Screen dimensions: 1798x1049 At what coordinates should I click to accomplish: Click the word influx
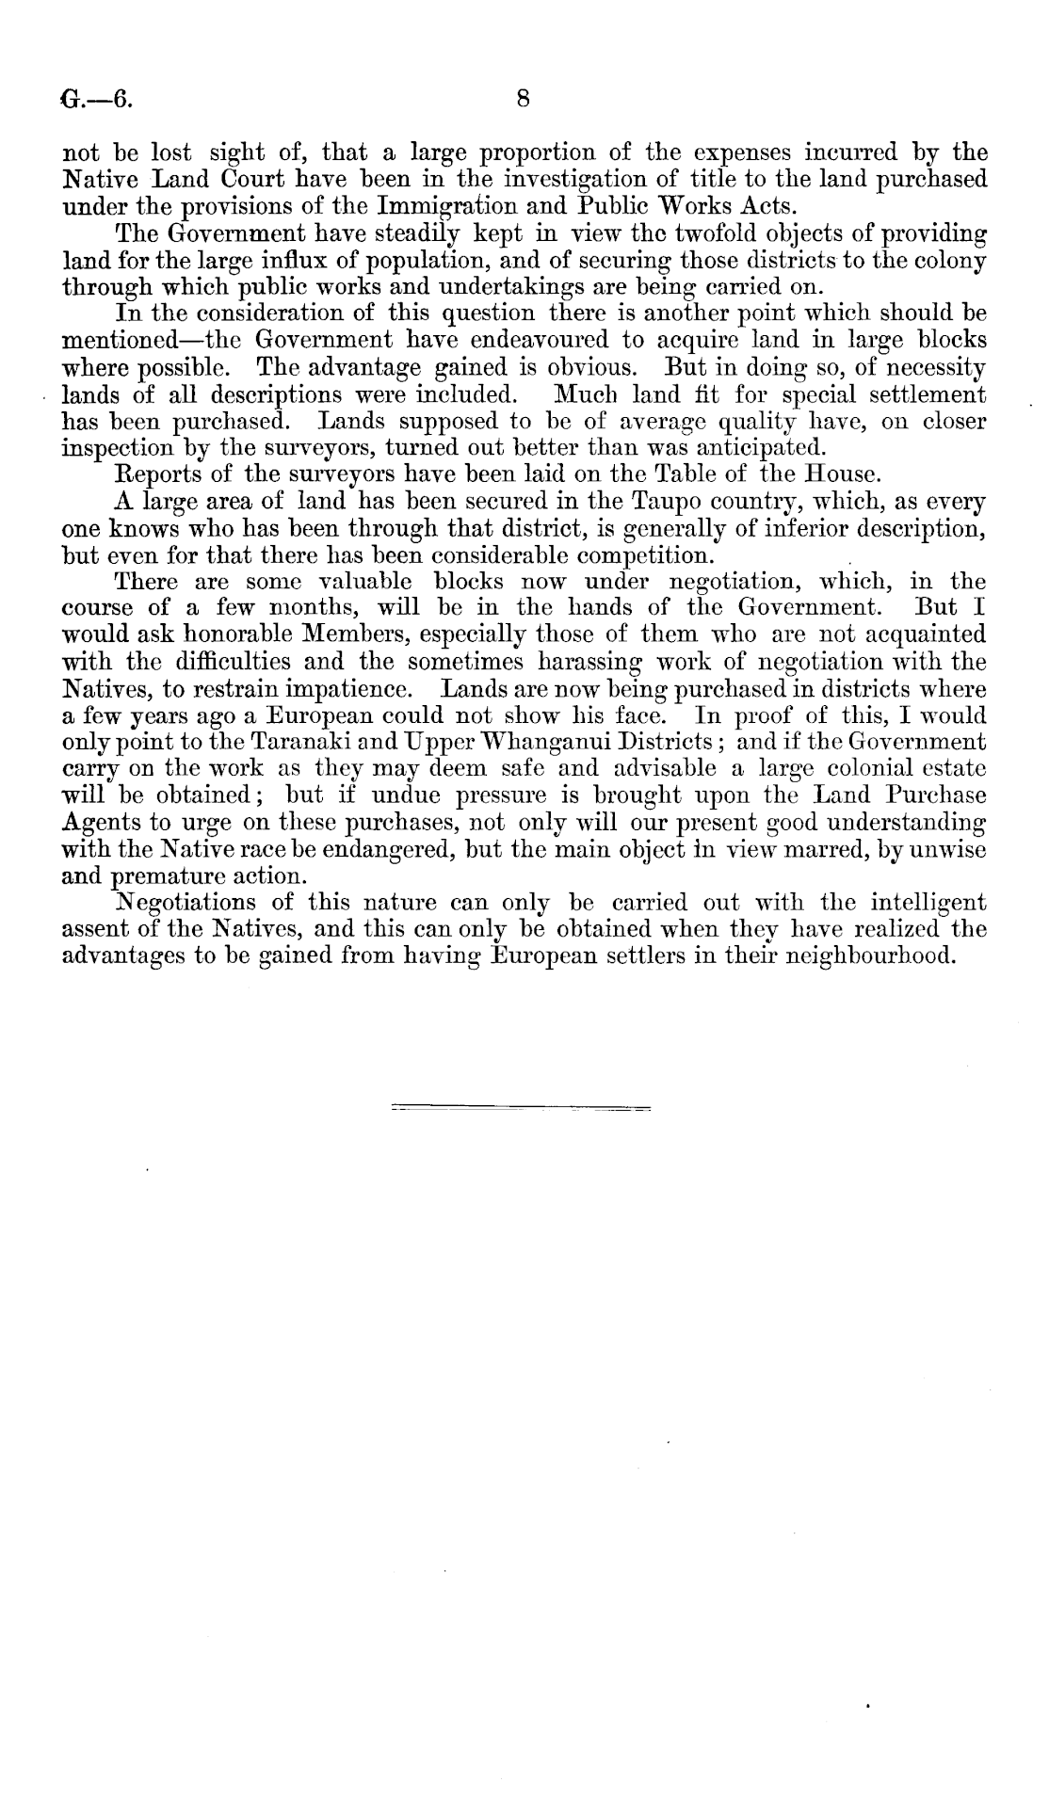pyautogui.click(x=294, y=261)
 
